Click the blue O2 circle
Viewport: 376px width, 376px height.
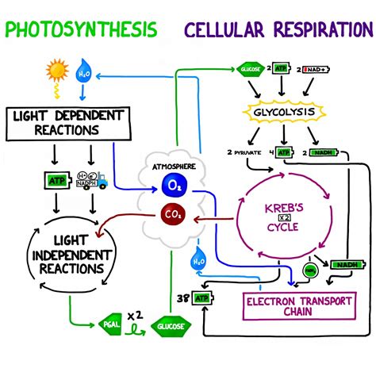coord(175,185)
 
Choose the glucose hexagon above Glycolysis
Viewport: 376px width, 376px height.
coord(250,70)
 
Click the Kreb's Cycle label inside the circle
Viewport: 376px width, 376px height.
coord(283,215)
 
